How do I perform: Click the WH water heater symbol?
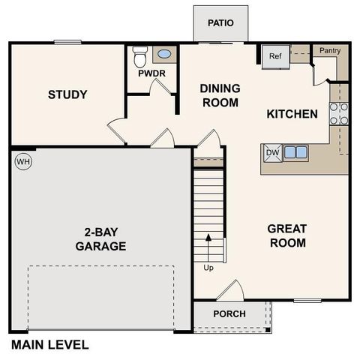(x=23, y=161)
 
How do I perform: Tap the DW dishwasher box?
(x=272, y=153)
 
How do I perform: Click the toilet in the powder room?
(x=139, y=56)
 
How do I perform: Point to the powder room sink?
(x=163, y=55)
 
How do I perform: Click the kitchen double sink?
(x=295, y=152)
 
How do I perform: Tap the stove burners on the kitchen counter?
(x=338, y=112)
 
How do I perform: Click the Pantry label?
(x=330, y=50)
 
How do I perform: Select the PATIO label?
(x=221, y=22)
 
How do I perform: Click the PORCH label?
(x=229, y=313)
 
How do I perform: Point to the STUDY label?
(x=67, y=94)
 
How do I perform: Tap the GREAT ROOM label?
(x=287, y=235)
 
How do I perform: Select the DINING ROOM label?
(x=219, y=94)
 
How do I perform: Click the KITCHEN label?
(x=292, y=114)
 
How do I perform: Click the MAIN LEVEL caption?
(x=49, y=345)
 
